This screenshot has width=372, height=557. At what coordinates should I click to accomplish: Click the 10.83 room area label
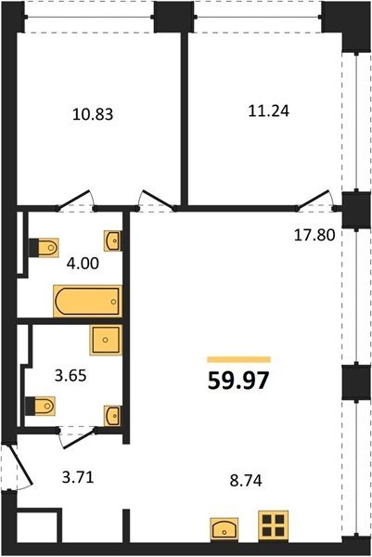pyautogui.click(x=93, y=114)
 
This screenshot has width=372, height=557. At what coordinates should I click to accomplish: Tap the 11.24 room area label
pyautogui.click(x=269, y=111)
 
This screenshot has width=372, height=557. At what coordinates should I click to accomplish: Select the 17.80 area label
pyautogui.click(x=314, y=235)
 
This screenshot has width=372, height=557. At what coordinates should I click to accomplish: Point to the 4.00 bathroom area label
pyautogui.click(x=83, y=264)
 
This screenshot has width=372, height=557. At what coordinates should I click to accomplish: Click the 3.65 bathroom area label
pyautogui.click(x=71, y=375)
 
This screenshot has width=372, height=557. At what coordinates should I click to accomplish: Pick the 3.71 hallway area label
pyautogui.click(x=78, y=477)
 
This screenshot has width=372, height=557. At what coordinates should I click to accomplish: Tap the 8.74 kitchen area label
pyautogui.click(x=246, y=481)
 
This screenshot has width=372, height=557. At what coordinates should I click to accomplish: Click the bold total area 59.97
pyautogui.click(x=238, y=381)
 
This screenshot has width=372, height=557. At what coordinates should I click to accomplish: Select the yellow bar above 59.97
pyautogui.click(x=239, y=359)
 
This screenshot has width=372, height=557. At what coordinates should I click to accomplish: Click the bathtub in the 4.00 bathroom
pyautogui.click(x=88, y=301)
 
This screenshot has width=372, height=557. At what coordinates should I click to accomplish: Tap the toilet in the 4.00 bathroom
pyautogui.click(x=44, y=247)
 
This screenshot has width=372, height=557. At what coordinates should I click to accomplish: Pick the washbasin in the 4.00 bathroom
pyautogui.click(x=113, y=240)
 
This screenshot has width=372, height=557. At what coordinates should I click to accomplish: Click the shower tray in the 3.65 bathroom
pyautogui.click(x=106, y=340)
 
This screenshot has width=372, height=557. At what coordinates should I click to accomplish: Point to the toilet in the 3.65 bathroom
pyautogui.click(x=40, y=406)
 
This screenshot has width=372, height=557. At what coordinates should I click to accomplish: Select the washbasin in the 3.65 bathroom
pyautogui.click(x=113, y=416)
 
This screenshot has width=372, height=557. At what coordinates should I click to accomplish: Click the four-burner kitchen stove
pyautogui.click(x=274, y=526)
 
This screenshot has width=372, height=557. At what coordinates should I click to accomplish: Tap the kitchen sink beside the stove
pyautogui.click(x=224, y=530)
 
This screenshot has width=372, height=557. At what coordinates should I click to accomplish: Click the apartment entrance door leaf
pyautogui.click(x=19, y=464)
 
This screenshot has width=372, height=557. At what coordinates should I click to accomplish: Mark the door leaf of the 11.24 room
pyautogui.click(x=314, y=200)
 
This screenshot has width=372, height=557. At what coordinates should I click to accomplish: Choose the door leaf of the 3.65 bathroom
pyautogui.click(x=80, y=440)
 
